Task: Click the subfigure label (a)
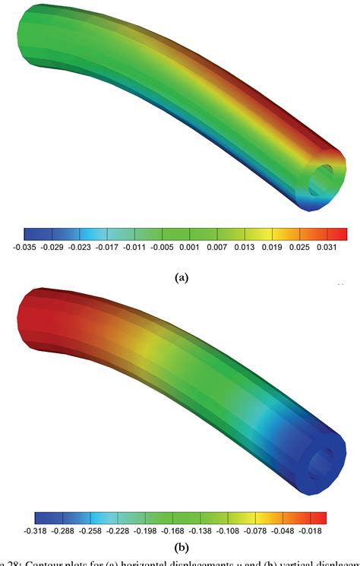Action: (181, 278)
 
